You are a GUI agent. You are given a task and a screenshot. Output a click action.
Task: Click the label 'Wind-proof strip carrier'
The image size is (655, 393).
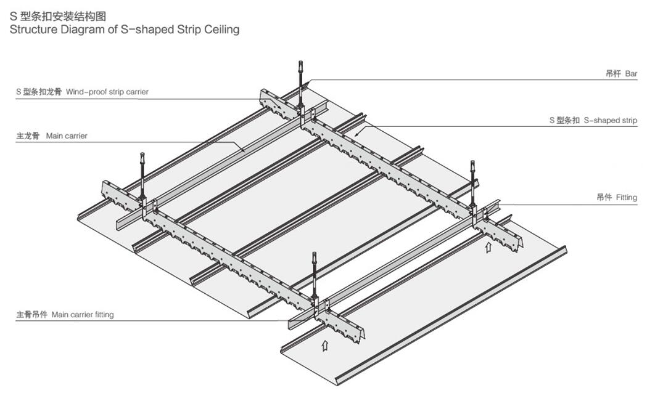pyautogui.click(x=107, y=92)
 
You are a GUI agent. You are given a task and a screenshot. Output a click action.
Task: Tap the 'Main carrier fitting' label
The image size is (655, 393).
pyautogui.click(x=83, y=315)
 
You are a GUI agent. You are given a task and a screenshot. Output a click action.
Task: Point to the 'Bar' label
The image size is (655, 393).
pyautogui.click(x=631, y=74)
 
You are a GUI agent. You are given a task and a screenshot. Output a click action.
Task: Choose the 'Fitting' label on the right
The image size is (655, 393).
pyautogui.click(x=626, y=198)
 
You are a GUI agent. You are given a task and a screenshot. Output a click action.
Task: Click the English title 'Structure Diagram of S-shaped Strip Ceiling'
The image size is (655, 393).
pyautogui.click(x=124, y=29)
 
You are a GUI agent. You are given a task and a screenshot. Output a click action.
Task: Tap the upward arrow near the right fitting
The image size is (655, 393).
pyautogui.click(x=489, y=248)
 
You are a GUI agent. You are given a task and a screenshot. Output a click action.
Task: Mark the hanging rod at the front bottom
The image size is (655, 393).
pyautogui.click(x=315, y=274)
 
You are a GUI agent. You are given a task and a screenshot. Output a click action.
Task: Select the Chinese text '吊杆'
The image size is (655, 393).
pyautogui.click(x=612, y=74)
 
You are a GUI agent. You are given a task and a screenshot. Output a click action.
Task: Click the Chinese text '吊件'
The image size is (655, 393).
pyautogui.click(x=604, y=198)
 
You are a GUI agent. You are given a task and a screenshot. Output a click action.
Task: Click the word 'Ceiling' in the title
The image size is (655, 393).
pyautogui.click(x=220, y=29)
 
